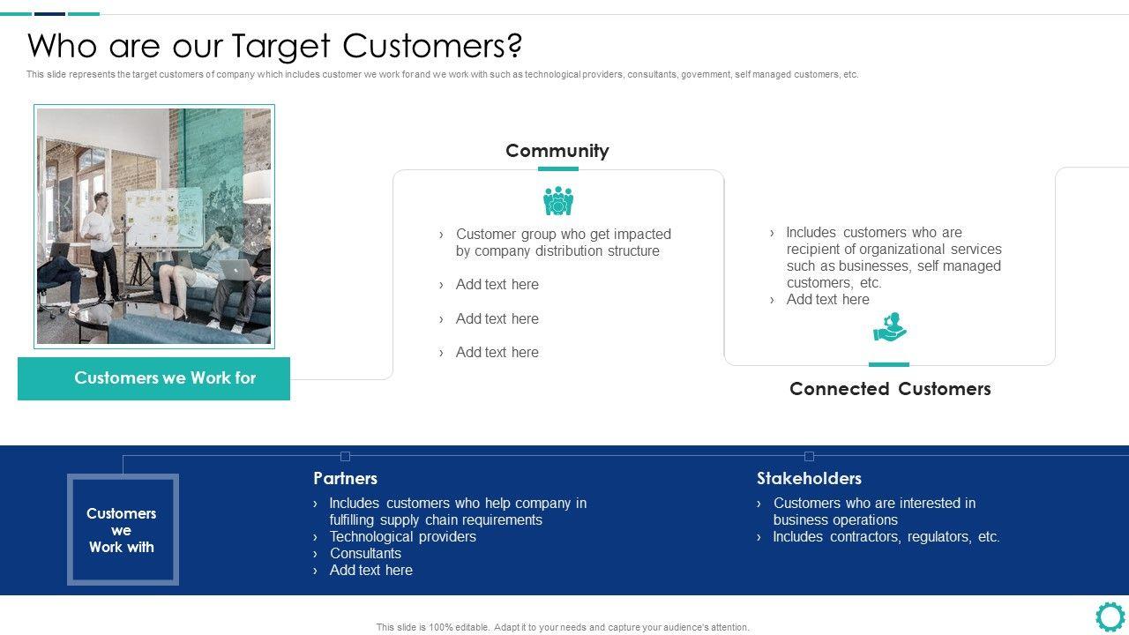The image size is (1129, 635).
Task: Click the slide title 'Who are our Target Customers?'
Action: pyautogui.click(x=274, y=45)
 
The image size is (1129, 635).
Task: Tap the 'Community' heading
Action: pyautogui.click(x=557, y=151)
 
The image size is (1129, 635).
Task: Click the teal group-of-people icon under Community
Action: pyautogui.click(x=558, y=201)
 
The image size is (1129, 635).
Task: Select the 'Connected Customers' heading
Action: pyautogui.click(x=890, y=389)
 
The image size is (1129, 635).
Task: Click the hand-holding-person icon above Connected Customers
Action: pyautogui.click(x=890, y=327)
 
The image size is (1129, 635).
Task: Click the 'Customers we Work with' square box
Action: pyautogui.click(x=123, y=529)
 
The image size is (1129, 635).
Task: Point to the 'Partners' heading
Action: pyautogui.click(x=345, y=478)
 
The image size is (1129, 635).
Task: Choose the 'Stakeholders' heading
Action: pyautogui.click(x=809, y=478)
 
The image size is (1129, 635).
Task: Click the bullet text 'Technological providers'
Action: pyautogui.click(x=402, y=536)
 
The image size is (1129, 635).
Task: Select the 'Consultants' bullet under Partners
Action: pyautogui.click(x=365, y=553)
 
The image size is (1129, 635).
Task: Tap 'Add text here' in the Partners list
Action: pyautogui.click(x=370, y=570)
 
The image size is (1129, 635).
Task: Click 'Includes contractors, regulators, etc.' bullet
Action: pyautogui.click(x=886, y=536)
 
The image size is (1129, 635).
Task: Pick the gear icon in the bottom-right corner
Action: pyautogui.click(x=1110, y=616)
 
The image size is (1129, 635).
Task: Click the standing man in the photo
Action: pyautogui.click(x=100, y=234)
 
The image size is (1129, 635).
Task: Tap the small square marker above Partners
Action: pyautogui.click(x=345, y=456)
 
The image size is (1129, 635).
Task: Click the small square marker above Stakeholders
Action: pyautogui.click(x=809, y=456)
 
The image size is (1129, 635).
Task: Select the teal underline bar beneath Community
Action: pyautogui.click(x=557, y=168)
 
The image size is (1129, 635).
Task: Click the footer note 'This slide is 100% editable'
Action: pyautogui.click(x=563, y=627)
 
